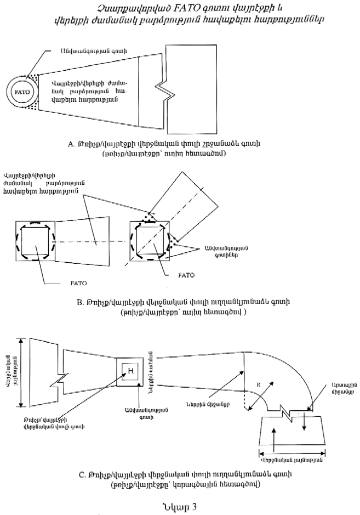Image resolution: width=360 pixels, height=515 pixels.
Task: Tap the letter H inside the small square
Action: [x=132, y=372]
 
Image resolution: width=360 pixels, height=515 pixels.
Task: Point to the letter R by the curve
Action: [x=258, y=386]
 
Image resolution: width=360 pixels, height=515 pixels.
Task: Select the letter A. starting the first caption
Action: [x=71, y=144]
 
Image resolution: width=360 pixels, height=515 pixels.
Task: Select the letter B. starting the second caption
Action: [x=81, y=302]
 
